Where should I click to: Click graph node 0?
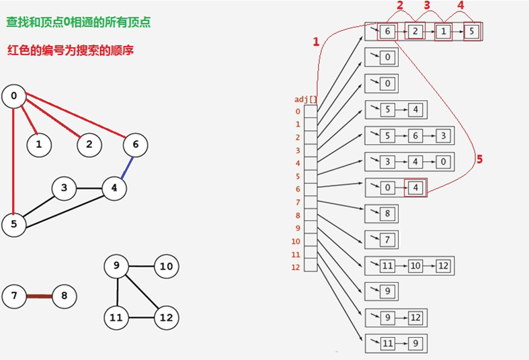13,96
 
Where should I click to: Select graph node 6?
135,144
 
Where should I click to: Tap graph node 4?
114,188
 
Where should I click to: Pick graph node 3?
64,188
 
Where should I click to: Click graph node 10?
166,267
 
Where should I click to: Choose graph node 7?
13,296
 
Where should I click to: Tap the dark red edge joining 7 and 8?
39,296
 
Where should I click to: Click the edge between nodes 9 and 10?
141,267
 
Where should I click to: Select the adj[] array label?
307,99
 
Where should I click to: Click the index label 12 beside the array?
296,267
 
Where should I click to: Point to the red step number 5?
479,159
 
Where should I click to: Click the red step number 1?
316,42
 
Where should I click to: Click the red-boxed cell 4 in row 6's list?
416,187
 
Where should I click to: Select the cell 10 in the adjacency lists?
415,266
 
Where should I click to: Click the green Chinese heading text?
79,22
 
